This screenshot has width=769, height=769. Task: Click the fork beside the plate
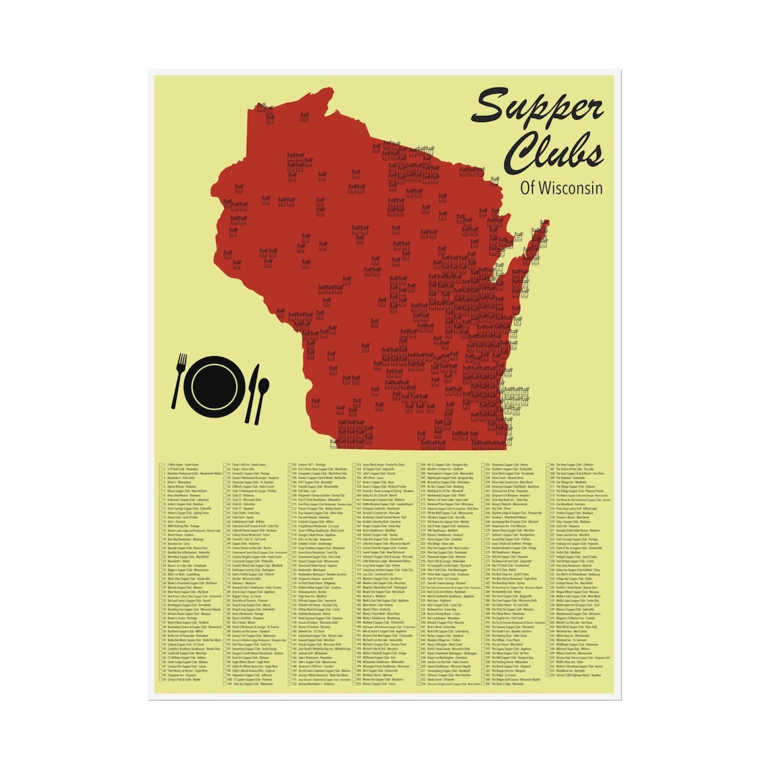179,380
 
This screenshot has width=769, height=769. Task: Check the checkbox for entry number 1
161,465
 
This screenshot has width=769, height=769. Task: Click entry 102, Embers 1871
311,465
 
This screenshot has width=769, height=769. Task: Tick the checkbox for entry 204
420,465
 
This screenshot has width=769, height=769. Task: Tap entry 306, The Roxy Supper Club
574,465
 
